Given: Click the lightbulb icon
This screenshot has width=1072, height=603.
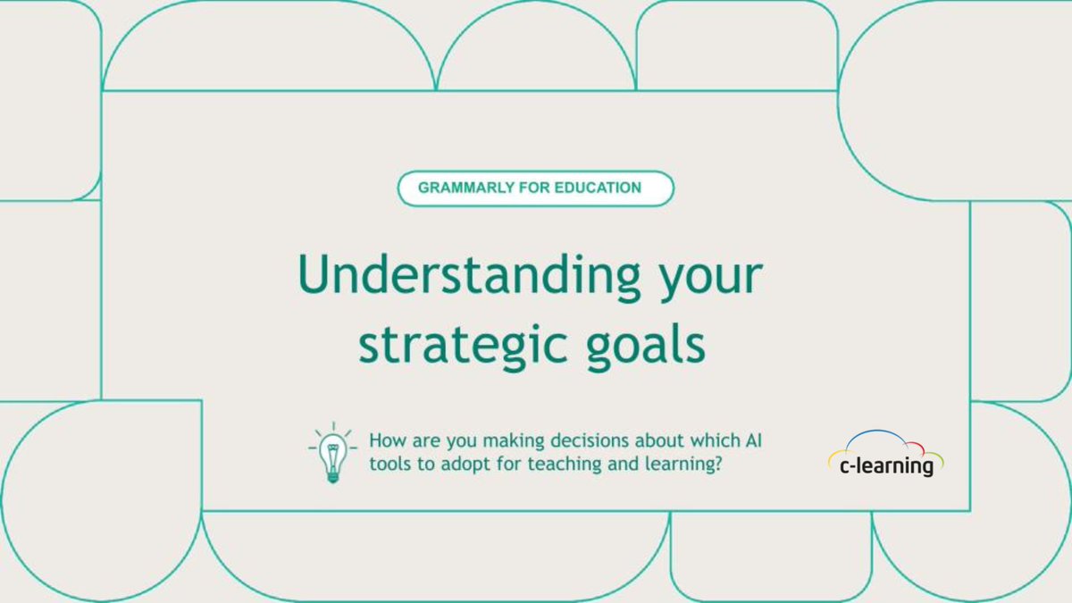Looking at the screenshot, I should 331,453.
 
